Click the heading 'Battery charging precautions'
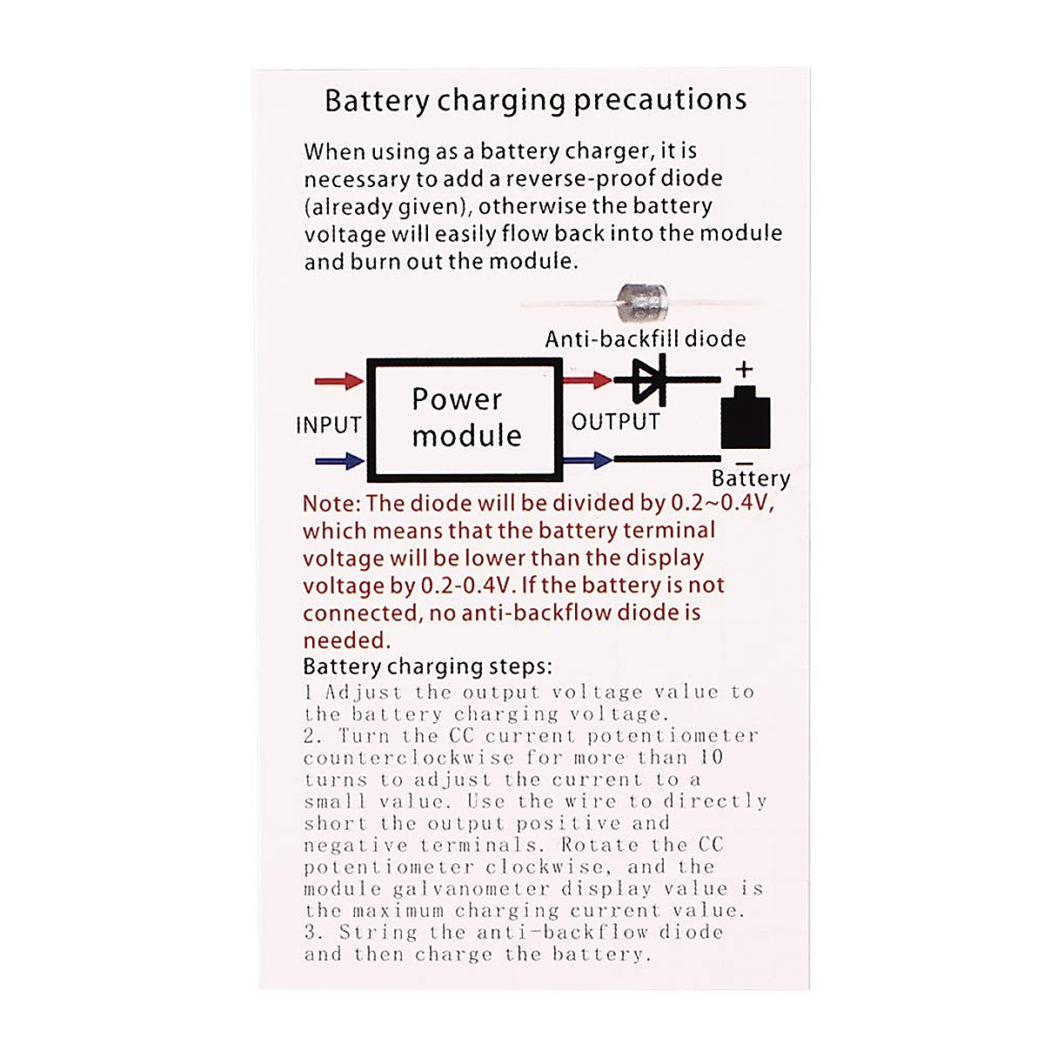[x=535, y=100]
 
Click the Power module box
[x=465, y=418]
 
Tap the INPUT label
[x=328, y=425]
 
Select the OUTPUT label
[x=615, y=422]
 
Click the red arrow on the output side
[x=588, y=379]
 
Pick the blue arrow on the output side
[x=588, y=459]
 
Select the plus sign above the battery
[x=744, y=369]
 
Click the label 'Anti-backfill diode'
[x=645, y=338]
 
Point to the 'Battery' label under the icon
[x=751, y=478]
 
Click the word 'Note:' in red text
[x=331, y=504]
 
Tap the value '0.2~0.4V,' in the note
[x=721, y=503]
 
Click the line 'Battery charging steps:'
[x=427, y=666]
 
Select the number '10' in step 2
[x=712, y=757]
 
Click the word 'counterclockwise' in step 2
[x=408, y=757]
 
